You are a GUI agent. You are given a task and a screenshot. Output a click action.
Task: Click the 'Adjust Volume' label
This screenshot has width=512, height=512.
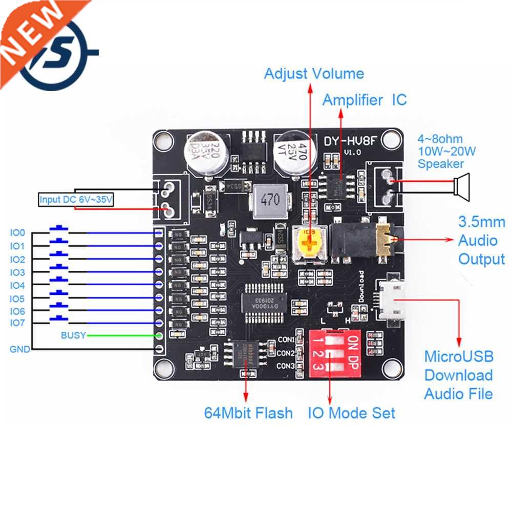[x=313, y=74]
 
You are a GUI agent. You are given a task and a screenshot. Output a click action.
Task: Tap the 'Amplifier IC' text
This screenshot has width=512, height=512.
[x=364, y=100]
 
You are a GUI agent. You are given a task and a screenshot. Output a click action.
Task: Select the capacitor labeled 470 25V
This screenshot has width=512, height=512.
[x=291, y=153]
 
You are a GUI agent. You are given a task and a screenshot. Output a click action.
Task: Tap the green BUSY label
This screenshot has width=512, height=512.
[x=73, y=336]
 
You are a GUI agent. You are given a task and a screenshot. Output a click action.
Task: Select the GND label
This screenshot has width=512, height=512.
[x=19, y=350]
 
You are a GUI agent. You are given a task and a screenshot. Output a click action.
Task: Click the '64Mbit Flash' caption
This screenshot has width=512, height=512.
[x=248, y=413]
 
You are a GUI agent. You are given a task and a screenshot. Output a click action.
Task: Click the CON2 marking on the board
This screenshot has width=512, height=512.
[x=285, y=353]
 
